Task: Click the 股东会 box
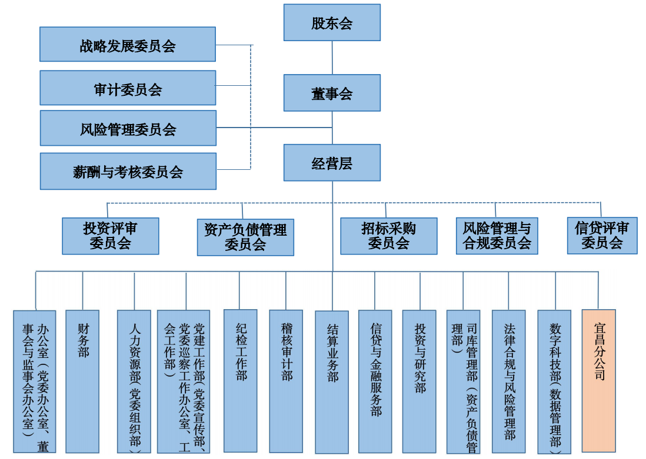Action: [332, 23]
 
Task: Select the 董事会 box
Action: [332, 93]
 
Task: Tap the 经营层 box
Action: [332, 163]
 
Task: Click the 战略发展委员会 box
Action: [128, 44]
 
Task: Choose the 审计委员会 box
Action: [128, 88]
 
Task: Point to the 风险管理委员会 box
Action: [128, 128]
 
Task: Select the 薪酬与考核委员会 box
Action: [128, 171]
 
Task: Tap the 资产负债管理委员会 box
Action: [245, 237]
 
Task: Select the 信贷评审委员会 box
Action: [602, 236]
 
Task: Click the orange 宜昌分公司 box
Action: [598, 380]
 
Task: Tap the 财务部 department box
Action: [82, 380]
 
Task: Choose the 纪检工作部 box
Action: [240, 380]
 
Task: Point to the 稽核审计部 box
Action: [286, 380]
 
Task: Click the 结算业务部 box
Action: [332, 382]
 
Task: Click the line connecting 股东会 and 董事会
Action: [332, 58]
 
